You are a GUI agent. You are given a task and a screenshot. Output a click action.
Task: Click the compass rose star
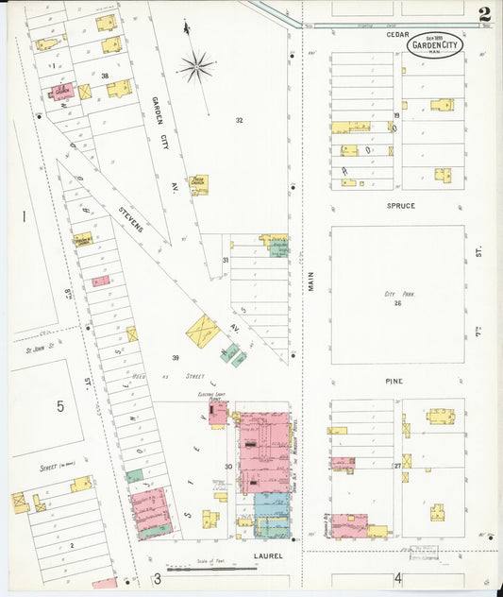[196, 66]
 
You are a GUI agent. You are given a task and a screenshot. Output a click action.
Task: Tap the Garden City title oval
[435, 44]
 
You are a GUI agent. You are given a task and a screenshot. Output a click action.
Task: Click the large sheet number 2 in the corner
[484, 14]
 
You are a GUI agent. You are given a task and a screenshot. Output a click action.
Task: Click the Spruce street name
[400, 205]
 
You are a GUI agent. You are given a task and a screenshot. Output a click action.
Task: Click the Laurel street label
[269, 556]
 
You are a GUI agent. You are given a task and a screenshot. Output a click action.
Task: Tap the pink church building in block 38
[62, 92]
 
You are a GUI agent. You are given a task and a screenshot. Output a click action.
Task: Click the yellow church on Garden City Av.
[198, 183]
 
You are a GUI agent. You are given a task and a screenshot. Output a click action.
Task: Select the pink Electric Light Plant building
[218, 413]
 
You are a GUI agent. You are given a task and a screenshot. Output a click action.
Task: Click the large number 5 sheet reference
[59, 406]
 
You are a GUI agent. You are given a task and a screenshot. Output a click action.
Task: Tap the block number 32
[239, 120]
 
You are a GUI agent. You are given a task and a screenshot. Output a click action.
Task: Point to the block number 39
[176, 357]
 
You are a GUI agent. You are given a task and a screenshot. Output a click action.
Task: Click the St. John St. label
[39, 348]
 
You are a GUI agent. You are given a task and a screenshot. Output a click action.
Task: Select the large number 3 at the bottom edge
[157, 578]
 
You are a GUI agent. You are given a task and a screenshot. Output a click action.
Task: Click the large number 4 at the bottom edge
[398, 577]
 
